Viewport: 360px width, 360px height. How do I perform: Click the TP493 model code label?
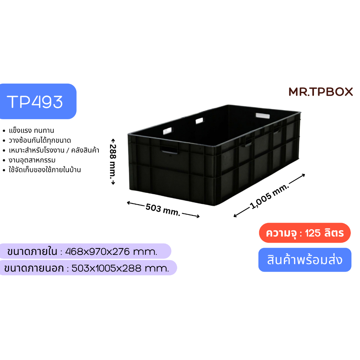pos(35,102)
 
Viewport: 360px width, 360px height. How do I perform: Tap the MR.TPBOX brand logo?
pos(321,92)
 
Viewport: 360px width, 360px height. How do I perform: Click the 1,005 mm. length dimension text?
pos(269,196)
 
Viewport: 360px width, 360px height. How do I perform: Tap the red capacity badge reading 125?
pos(305,233)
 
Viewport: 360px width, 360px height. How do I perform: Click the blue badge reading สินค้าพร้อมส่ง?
pos(305,260)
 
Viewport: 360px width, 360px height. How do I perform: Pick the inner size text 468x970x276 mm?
pos(111,252)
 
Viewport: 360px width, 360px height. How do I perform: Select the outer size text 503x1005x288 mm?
pos(120,268)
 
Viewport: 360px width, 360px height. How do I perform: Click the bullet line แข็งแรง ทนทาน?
pos(31,130)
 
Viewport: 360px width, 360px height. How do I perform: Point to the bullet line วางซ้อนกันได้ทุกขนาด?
pos(40,140)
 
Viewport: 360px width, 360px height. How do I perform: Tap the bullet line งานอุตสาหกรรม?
pos(32,160)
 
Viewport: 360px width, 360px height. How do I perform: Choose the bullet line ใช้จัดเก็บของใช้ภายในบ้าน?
pos(45,170)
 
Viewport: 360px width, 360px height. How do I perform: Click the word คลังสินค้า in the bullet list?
pos(85,150)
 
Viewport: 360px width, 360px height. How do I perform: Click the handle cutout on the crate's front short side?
pos(169,149)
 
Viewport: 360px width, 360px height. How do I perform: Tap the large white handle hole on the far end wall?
pos(263,115)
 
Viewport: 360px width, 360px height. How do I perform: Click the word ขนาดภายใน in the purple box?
pos(32,251)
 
